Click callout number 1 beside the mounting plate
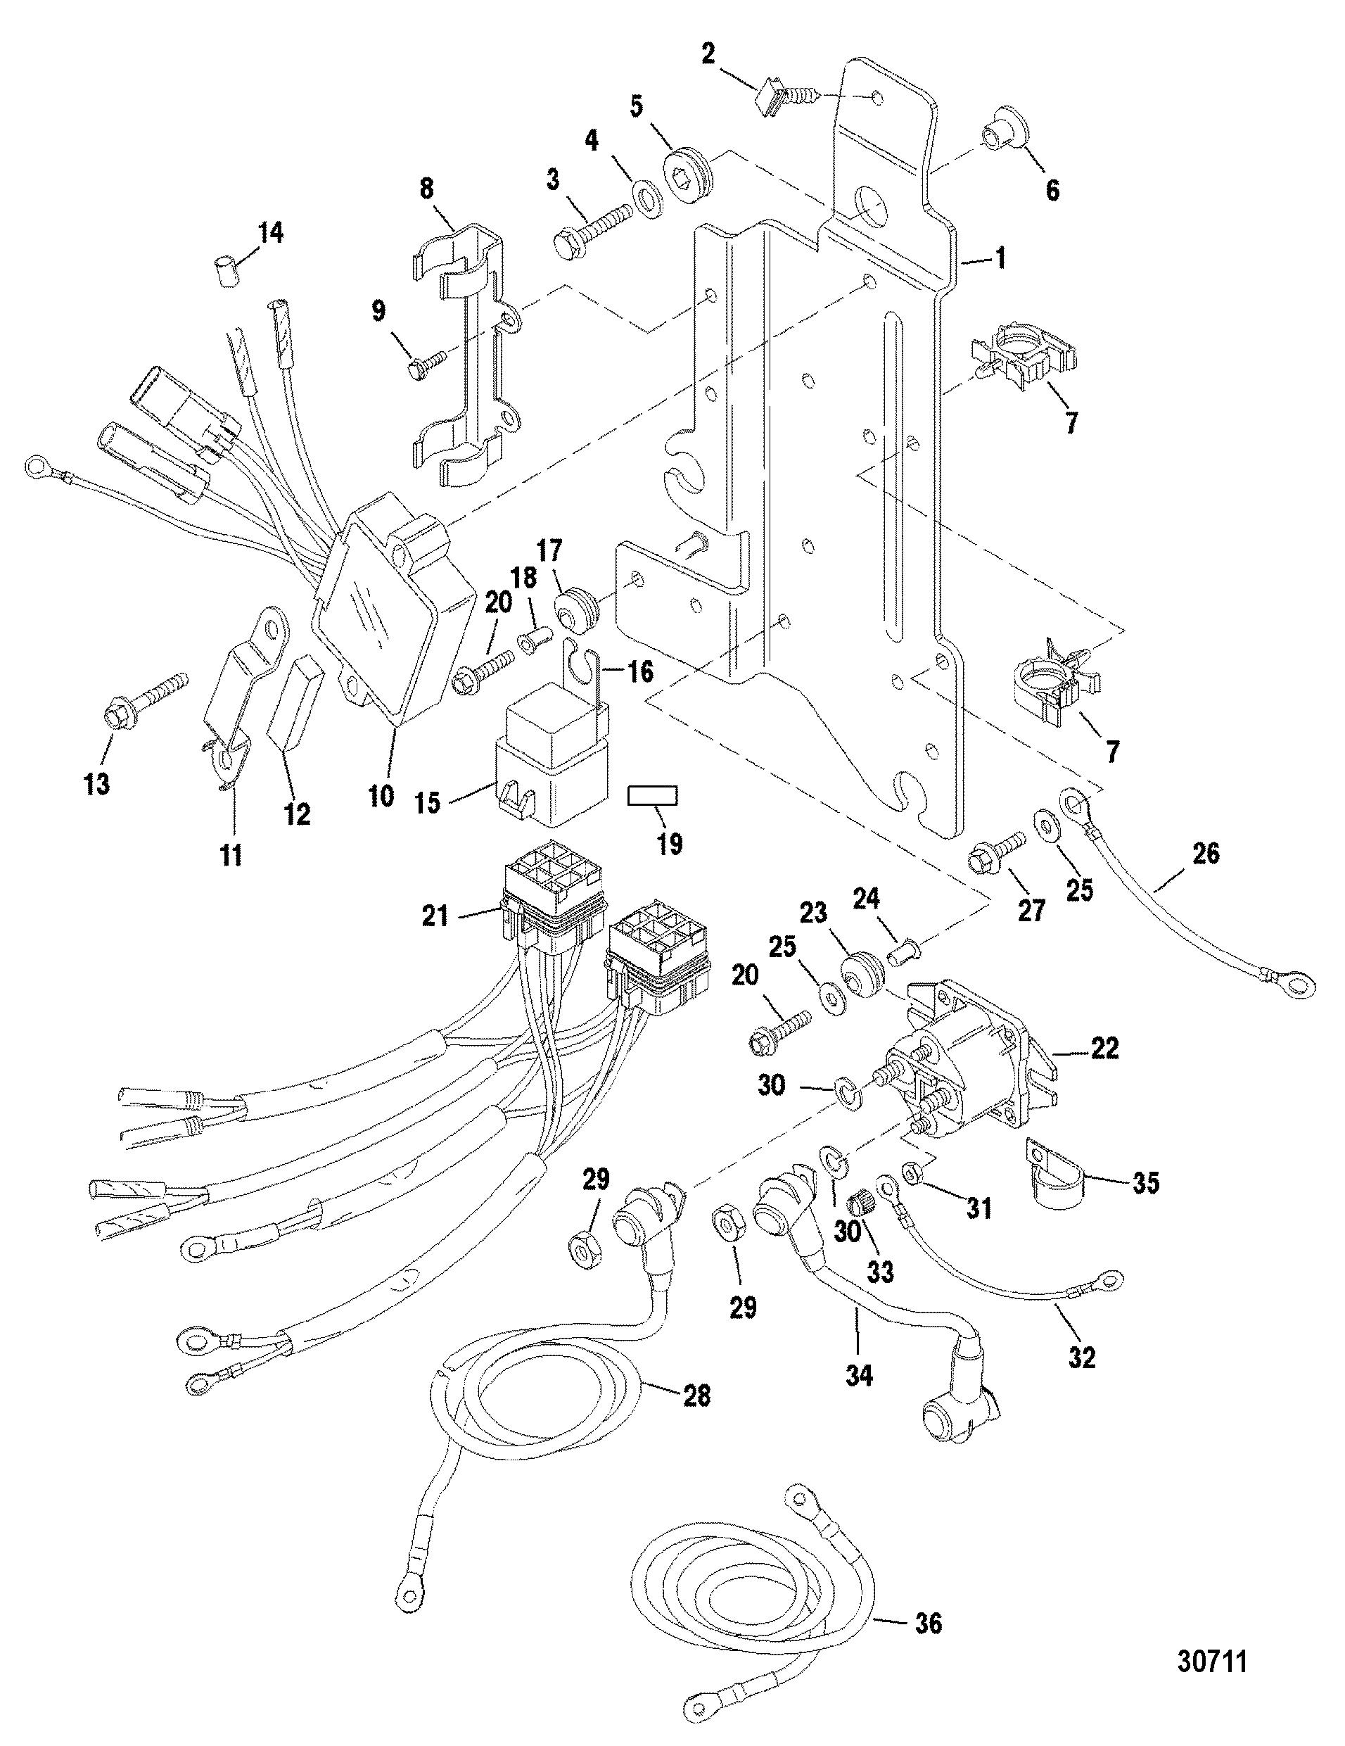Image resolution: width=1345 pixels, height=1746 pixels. point(999,259)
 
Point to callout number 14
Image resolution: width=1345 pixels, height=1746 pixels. point(270,234)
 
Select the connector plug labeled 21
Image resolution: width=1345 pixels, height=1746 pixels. point(552,904)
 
